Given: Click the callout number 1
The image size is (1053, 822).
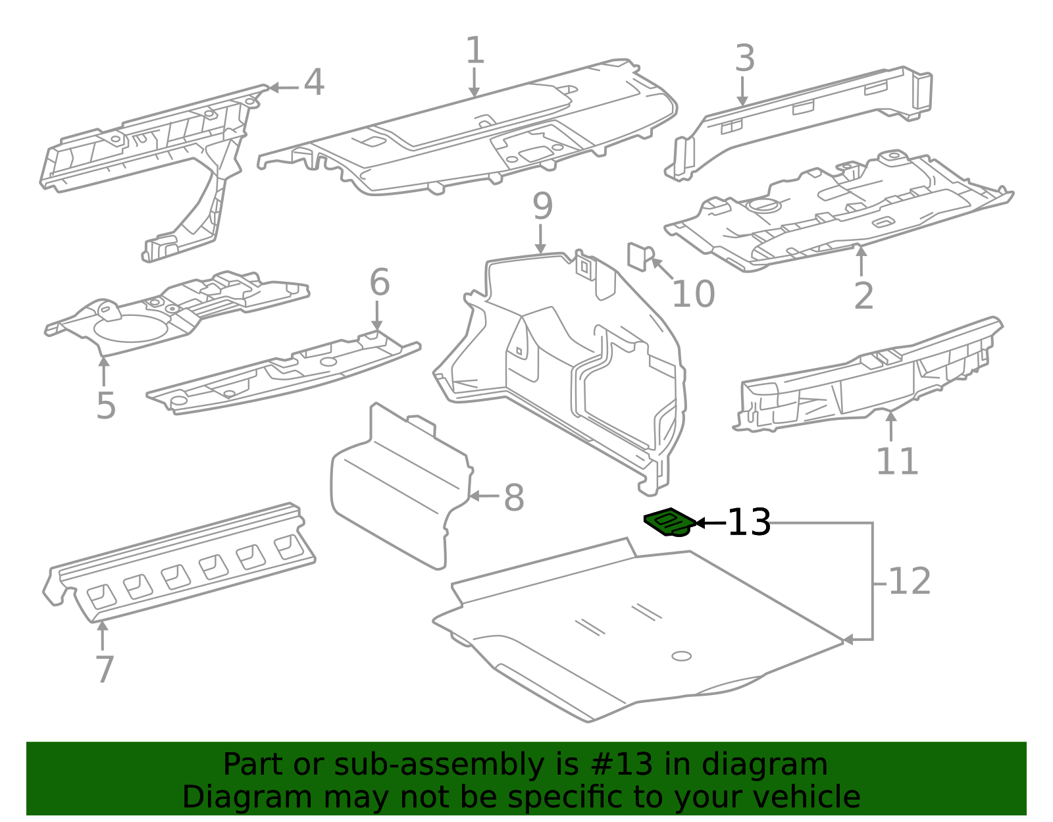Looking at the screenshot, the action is tap(475, 50).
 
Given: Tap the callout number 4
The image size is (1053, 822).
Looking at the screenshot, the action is tap(314, 82).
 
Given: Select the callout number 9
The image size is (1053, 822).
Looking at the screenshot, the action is tap(543, 207).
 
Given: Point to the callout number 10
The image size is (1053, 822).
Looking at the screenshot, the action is tap(694, 294).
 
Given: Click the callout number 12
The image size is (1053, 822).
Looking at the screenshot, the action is tap(910, 581).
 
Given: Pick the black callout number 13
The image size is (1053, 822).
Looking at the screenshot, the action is tap(749, 522).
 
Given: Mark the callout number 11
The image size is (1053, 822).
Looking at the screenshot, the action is tap(897, 461).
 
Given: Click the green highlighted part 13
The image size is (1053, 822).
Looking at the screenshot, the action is tap(670, 522).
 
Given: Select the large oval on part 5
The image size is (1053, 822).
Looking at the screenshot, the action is tap(131, 328).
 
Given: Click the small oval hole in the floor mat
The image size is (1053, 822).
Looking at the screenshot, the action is tap(681, 656).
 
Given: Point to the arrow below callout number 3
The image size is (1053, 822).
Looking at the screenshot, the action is tap(742, 91).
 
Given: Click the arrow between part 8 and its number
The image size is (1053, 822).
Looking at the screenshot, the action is tap(484, 496).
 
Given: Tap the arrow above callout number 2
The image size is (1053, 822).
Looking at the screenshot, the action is tap(861, 261).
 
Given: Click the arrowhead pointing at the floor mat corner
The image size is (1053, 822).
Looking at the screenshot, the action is tap(848, 640).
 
